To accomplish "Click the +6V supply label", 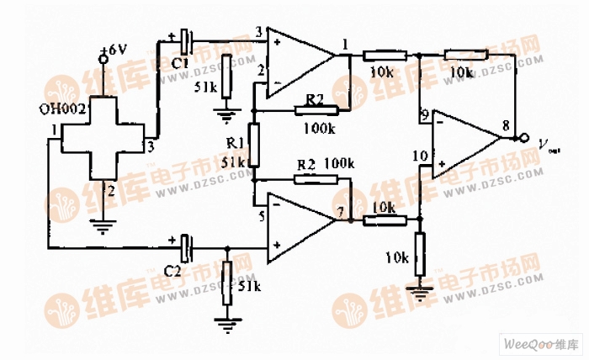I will (x=113, y=51).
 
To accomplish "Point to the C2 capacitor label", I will (x=172, y=271).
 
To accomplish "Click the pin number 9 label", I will (x=425, y=114).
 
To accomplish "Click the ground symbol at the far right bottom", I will (x=419, y=292).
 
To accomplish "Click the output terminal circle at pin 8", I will (x=523, y=138).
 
